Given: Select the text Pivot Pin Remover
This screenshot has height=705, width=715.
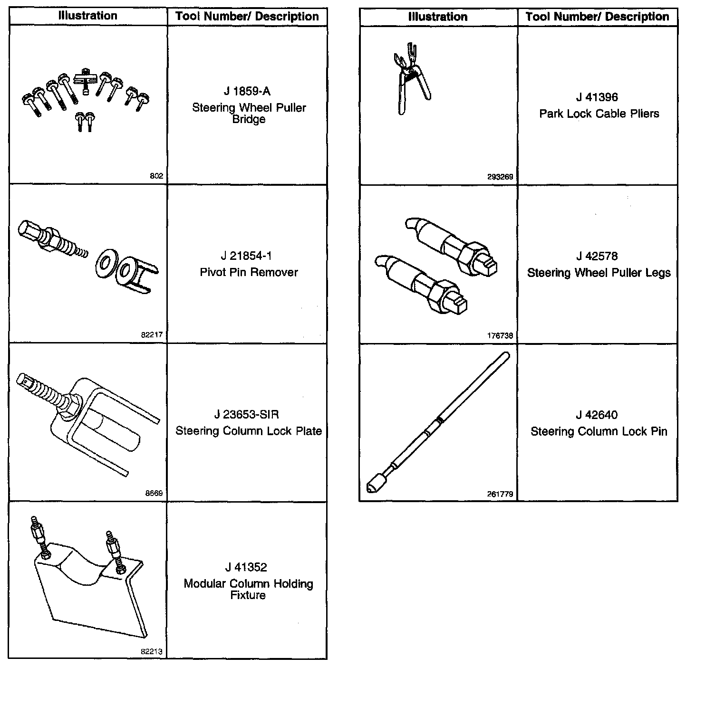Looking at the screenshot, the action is [x=249, y=272].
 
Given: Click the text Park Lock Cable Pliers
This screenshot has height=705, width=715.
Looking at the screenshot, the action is [x=599, y=114].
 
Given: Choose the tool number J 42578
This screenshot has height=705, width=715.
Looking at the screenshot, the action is [x=597, y=257].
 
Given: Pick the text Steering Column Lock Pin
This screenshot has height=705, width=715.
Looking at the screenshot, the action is [x=599, y=431].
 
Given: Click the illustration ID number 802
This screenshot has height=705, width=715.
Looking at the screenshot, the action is [x=156, y=176].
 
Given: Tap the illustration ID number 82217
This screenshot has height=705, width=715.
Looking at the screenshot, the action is [x=152, y=334].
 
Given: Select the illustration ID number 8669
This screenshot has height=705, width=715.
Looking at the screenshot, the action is [x=154, y=493].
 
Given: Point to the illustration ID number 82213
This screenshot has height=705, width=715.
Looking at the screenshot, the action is [x=152, y=651].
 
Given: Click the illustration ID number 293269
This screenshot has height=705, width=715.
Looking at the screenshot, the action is [x=500, y=177].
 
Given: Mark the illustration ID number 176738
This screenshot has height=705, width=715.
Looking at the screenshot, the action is [x=500, y=335].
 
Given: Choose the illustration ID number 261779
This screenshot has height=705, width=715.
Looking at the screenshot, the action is [x=500, y=494].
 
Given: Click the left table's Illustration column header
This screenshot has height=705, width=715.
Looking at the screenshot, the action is [x=87, y=16].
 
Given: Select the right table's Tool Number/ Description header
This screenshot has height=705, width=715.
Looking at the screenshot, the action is [x=597, y=17].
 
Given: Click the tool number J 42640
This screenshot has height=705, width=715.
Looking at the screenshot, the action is [x=597, y=415].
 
